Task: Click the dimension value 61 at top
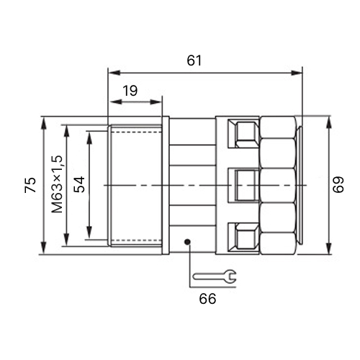[x=194, y=60]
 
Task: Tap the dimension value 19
[x=130, y=91]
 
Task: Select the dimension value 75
[x=30, y=185]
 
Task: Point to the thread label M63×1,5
[x=57, y=184]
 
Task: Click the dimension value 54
[x=79, y=184]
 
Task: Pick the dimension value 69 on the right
[x=338, y=184]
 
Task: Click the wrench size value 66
[x=207, y=299]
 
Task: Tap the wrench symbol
[x=215, y=276]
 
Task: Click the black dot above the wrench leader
[x=187, y=242]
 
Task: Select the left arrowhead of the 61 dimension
[x=114, y=73]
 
